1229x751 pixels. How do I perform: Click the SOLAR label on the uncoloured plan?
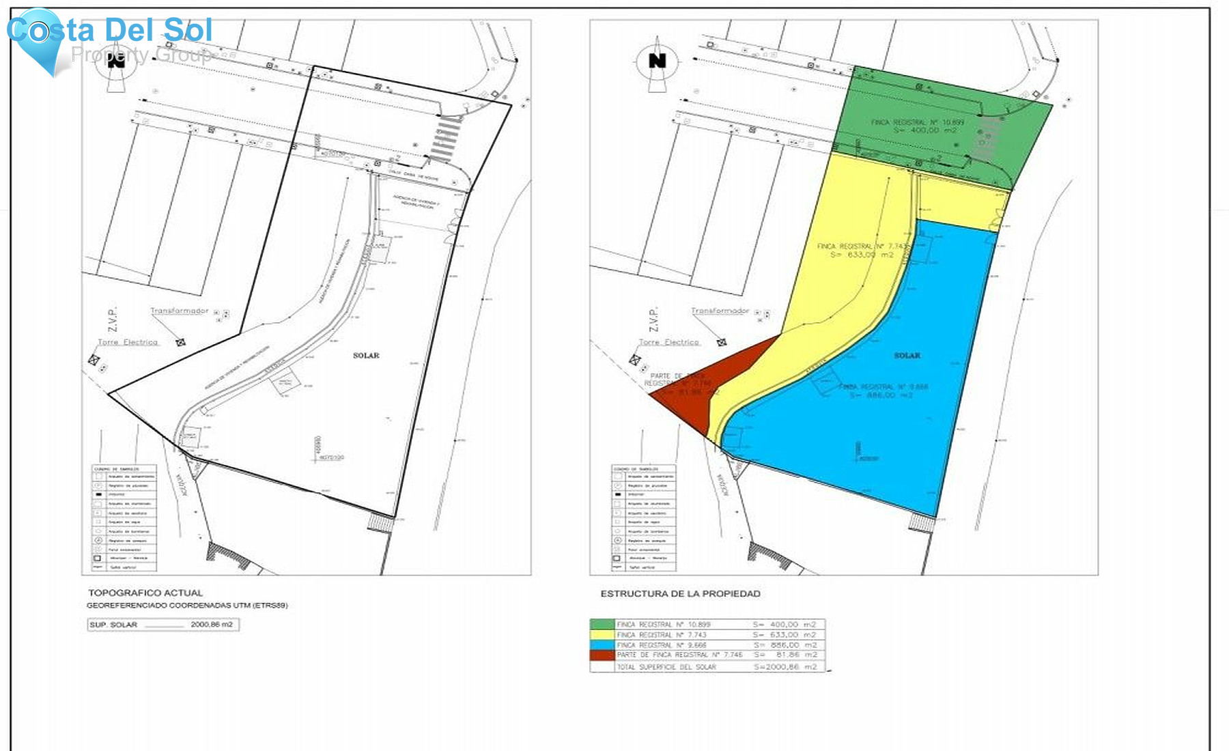(366, 356)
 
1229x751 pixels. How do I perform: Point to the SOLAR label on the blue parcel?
(907, 356)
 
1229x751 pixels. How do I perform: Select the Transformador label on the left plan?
(179, 311)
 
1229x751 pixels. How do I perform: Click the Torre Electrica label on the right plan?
(668, 342)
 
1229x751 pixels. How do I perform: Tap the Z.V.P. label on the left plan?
(112, 320)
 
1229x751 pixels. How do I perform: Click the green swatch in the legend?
(602, 624)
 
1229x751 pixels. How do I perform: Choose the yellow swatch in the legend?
(602, 634)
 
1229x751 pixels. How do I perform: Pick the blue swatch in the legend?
(602, 644)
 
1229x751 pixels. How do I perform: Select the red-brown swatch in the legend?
(602, 655)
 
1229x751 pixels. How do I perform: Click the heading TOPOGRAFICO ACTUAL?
(145, 593)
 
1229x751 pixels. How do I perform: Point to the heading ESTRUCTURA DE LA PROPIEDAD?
(680, 594)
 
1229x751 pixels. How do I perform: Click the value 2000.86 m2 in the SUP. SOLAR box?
(212, 625)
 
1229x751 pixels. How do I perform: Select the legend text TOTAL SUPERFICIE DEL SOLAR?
(666, 667)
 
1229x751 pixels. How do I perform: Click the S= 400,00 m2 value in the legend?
(785, 624)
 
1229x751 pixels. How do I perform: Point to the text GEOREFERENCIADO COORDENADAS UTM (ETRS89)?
(187, 606)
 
